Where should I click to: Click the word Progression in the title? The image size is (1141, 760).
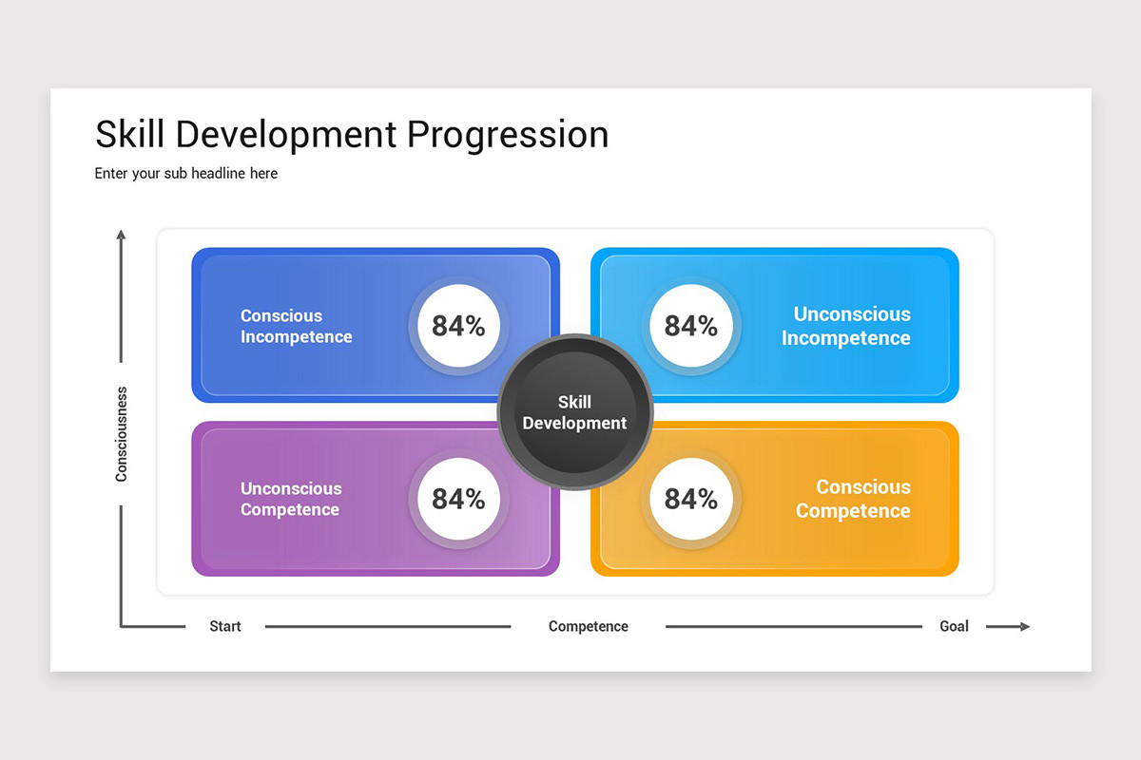point(508,135)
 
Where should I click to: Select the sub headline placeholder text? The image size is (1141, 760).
point(186,174)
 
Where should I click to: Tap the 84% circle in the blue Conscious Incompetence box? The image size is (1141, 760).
point(458,326)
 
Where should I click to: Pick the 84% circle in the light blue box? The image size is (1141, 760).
point(690,326)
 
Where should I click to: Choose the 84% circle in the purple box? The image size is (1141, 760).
point(458,499)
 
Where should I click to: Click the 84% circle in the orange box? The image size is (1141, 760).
point(690,499)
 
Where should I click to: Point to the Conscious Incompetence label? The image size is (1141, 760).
point(296,326)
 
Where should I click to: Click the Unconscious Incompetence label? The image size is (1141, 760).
point(846,326)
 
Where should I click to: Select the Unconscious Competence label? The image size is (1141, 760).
point(291,499)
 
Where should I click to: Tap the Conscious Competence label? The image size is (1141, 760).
point(853,499)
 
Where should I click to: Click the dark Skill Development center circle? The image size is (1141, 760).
point(574,412)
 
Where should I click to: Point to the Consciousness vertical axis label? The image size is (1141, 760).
point(121,434)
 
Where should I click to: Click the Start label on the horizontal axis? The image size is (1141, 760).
point(225,626)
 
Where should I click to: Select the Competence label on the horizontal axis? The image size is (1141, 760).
point(589,626)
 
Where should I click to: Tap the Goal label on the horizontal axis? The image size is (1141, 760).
point(954,626)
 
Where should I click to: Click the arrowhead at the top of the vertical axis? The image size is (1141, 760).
point(121,235)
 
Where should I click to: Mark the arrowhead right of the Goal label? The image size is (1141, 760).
point(1023,626)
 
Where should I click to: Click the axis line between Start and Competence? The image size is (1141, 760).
point(388,626)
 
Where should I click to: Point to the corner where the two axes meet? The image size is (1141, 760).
point(122,626)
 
